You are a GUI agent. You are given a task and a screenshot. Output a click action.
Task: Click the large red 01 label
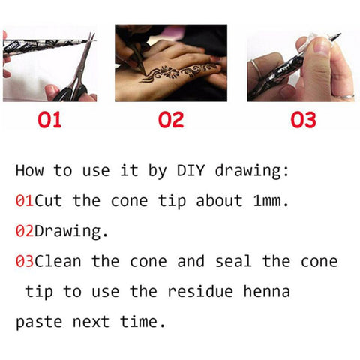[x=49, y=120]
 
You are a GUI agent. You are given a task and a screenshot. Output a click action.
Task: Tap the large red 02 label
[x=171, y=120]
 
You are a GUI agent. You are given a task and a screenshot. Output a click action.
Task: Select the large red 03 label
[x=303, y=120]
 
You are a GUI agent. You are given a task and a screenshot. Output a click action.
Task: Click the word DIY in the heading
[x=191, y=171]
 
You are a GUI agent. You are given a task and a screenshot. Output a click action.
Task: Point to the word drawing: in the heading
[x=252, y=172]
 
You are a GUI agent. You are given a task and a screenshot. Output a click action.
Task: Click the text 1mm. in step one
[x=271, y=201]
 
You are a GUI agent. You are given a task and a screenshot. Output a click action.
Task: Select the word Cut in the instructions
[x=48, y=201]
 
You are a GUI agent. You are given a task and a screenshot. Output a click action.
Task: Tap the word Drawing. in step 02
[x=71, y=231]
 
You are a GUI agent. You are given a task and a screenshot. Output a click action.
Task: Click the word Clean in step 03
[x=58, y=261]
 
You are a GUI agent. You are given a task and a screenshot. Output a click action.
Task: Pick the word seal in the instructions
[x=233, y=261]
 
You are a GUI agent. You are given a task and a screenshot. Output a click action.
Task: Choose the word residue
[x=200, y=291]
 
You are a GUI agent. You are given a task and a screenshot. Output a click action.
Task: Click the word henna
[x=266, y=291]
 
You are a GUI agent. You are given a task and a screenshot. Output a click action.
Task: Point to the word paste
[x=39, y=322]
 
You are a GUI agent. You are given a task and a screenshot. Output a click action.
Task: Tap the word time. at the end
[x=142, y=321]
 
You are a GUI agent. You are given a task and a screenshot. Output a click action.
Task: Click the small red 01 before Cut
[x=25, y=201]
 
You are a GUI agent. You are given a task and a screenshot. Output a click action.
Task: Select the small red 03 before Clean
[x=25, y=261]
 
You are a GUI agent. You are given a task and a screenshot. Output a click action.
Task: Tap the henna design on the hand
[x=178, y=73]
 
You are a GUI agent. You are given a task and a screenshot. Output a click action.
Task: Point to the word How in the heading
[x=29, y=171]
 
